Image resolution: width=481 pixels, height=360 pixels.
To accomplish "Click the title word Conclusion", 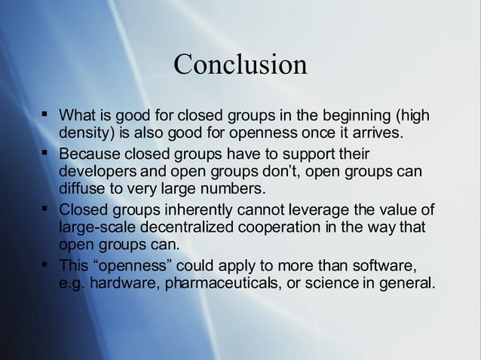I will click(x=240, y=64).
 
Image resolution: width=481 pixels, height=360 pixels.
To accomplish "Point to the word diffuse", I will click(x=80, y=188).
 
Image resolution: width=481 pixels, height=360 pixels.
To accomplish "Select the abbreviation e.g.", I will click(x=72, y=283).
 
